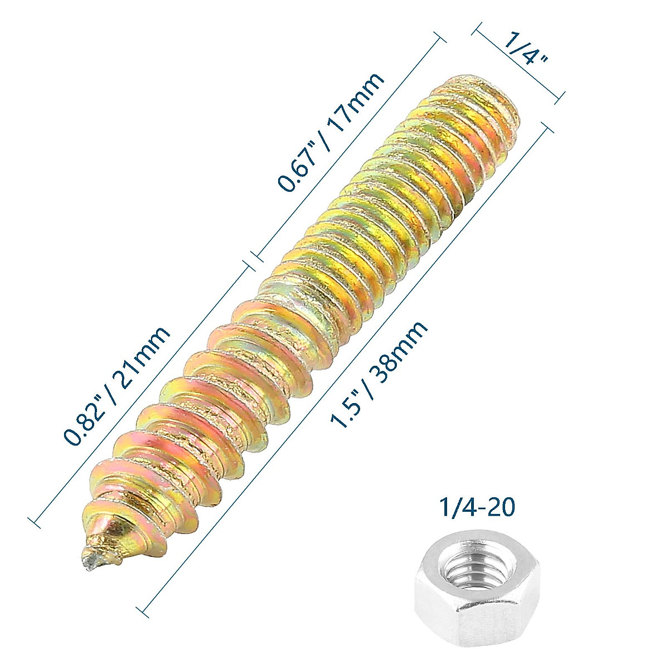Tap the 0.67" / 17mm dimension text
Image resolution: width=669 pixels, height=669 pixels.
tap(332, 132)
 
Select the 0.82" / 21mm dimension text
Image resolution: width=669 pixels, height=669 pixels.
tap(117, 386)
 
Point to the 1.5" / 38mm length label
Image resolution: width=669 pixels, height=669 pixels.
tap(380, 374)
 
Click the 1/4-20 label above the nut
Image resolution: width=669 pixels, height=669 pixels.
tap(477, 508)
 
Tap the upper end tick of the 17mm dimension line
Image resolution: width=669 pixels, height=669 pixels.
tap(440, 38)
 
